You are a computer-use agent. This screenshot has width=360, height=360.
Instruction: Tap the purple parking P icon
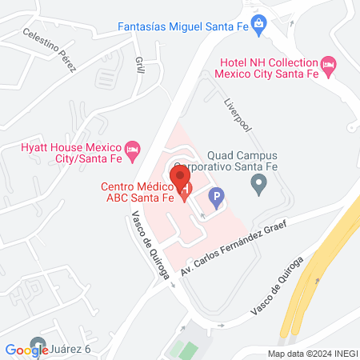(215, 194)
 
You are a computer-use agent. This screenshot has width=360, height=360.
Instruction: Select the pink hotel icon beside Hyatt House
(134, 149)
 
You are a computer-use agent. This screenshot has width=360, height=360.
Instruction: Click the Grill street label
(139, 65)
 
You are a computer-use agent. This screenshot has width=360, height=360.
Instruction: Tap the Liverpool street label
(238, 117)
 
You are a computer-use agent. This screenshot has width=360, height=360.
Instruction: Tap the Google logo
(27, 350)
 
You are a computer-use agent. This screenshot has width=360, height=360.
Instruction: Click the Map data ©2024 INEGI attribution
(312, 354)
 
